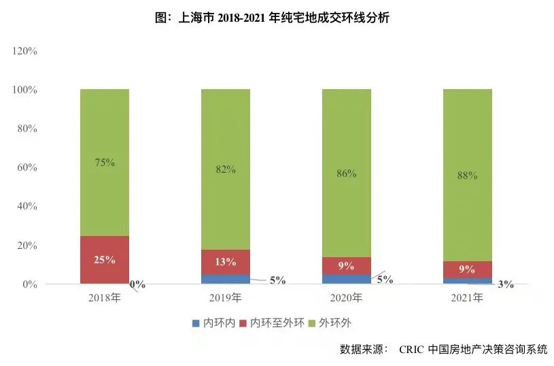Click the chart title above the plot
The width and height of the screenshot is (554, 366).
coord(277,18)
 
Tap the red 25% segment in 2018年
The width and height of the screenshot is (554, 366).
coord(104,260)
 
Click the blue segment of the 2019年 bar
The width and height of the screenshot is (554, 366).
coord(225,279)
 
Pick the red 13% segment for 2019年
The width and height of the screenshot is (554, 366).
coord(225,262)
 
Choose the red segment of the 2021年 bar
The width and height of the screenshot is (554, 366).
coord(467,269)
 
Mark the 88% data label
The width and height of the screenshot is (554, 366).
coord(467,175)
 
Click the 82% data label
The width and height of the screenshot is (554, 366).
coord(225,169)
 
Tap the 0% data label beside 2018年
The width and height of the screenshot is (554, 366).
coord(137,284)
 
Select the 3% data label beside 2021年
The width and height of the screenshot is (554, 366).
coord(505,284)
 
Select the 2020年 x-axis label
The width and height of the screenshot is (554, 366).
coord(346,298)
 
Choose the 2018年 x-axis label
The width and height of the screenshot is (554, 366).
coord(104,298)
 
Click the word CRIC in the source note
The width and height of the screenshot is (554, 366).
coord(412,350)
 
